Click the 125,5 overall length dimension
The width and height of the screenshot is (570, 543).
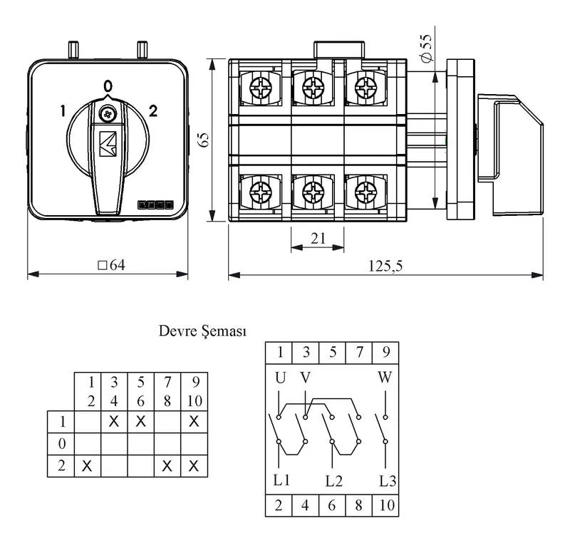point(385,266)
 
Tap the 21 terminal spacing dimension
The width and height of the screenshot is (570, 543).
point(318,239)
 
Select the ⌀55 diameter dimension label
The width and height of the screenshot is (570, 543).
point(425,48)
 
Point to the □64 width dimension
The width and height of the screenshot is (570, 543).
point(112,265)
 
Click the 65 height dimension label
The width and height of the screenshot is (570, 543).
point(204,140)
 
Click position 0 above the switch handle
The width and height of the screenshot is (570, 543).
point(108,86)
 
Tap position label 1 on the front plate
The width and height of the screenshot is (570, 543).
point(63,111)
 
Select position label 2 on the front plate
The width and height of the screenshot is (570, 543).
point(153,111)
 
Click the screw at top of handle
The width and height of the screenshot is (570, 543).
point(108,115)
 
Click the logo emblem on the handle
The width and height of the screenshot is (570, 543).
point(108,144)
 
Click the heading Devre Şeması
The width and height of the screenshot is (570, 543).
point(202,331)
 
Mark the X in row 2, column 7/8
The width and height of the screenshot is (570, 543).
point(167,466)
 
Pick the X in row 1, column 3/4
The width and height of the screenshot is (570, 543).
point(114,422)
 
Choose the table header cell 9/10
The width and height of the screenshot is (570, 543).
point(195,391)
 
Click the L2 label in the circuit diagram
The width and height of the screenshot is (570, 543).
point(333,481)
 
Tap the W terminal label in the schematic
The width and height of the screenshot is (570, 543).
point(385,378)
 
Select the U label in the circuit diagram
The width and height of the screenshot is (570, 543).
point(280,378)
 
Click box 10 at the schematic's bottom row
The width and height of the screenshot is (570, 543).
point(385,505)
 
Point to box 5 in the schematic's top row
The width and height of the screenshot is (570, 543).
point(332,353)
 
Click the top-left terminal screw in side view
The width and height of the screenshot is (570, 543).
point(261,87)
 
